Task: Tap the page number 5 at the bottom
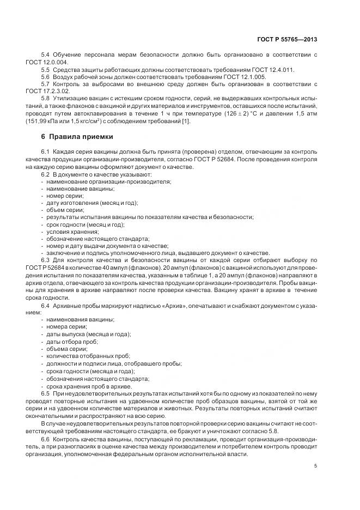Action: point(316,465)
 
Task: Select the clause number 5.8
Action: point(46,98)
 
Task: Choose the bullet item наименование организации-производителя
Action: point(109,181)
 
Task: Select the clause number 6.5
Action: point(46,392)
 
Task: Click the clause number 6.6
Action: point(46,437)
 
